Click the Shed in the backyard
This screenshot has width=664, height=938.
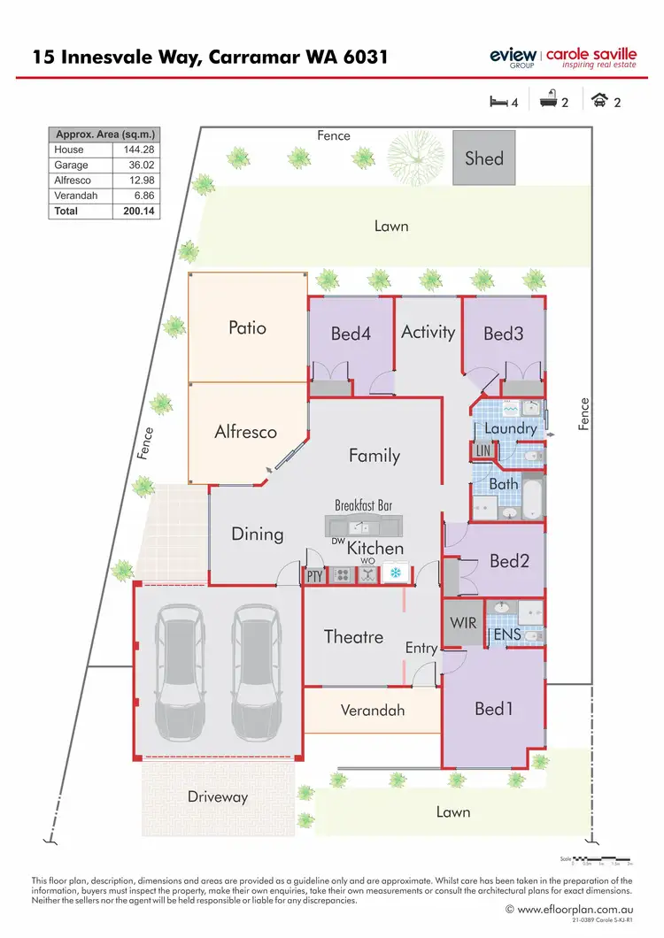pos(483,158)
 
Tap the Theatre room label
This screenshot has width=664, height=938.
pos(353,636)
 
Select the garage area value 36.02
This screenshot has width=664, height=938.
pos(136,165)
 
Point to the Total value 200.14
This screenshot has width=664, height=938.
pos(136,211)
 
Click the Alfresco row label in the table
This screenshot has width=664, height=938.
pos(73,180)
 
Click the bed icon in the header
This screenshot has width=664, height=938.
pos(498,102)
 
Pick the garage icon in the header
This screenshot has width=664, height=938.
pos(599,102)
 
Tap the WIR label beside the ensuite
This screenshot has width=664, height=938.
pos(462,623)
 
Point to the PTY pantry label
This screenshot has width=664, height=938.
pos(314,576)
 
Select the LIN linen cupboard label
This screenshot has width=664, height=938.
pos(483,450)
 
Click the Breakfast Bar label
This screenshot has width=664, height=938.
pos(363,505)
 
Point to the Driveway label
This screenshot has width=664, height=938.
pos(218,796)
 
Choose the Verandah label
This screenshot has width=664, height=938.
pos(373,710)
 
